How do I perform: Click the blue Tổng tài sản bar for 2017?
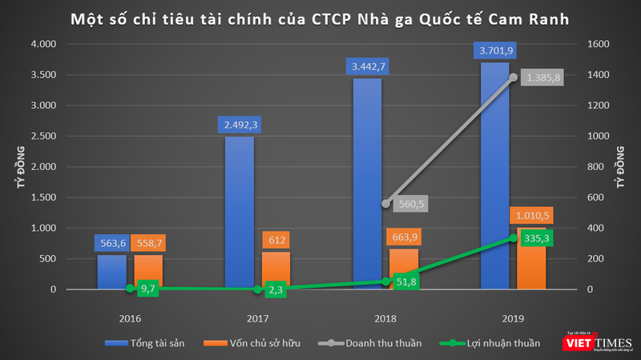click(x=240, y=212)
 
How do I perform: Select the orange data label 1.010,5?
click(x=531, y=215)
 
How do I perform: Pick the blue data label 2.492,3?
click(x=240, y=124)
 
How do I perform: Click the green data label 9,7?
click(x=147, y=288)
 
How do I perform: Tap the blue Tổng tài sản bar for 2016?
click(x=111, y=272)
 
